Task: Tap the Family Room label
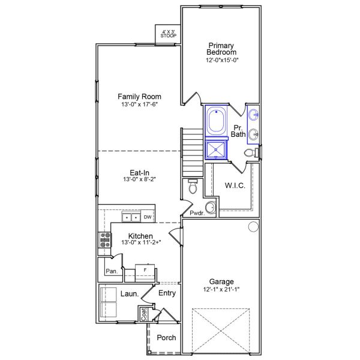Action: [139, 97]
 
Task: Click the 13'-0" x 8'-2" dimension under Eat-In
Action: [139, 179]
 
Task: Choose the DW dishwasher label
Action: [147, 217]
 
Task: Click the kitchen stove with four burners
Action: [105, 240]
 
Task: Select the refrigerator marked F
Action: [145, 271]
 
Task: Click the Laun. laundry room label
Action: [130, 294]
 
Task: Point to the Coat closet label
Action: [144, 314]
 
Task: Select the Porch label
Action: [166, 338]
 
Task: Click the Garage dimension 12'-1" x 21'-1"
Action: [221, 289]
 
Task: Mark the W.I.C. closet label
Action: [234, 185]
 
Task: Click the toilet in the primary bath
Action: [251, 154]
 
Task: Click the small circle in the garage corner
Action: [253, 226]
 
